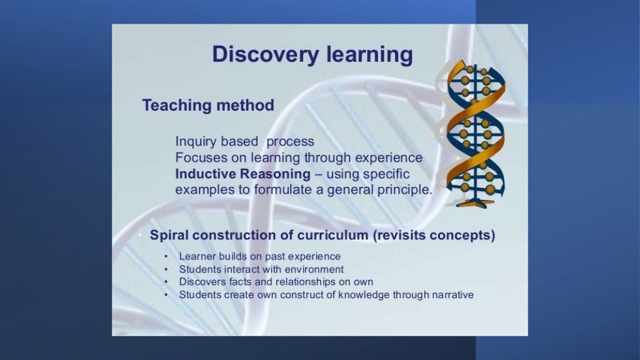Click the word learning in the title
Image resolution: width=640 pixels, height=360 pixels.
point(370,54)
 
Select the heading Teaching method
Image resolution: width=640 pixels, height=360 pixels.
point(208,105)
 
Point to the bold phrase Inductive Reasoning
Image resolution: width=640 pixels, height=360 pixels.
point(242,174)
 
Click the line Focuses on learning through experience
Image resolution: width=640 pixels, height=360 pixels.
point(299,157)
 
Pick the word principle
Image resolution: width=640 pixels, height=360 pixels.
point(404,189)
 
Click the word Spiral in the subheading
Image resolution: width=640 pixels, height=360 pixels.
point(170,236)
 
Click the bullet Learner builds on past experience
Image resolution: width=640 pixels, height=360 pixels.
point(259,256)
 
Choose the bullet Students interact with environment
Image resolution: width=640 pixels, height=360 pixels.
point(261,269)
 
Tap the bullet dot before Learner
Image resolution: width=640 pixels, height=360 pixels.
point(166,257)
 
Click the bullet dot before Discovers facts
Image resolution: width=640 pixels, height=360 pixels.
point(166,282)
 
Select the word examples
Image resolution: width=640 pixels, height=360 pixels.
point(200,189)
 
